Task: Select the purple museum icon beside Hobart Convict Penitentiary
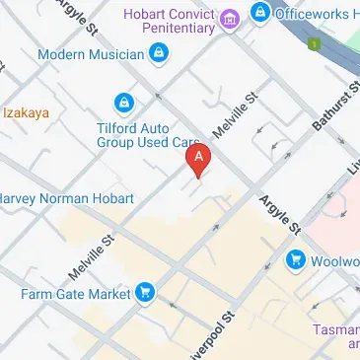pos(230,18)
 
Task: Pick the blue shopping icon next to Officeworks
pos(260,13)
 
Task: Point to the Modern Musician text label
pos(91,54)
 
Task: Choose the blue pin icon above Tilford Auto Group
pos(123,102)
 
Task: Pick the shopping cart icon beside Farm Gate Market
pos(145,292)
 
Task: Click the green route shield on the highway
pos(314,45)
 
